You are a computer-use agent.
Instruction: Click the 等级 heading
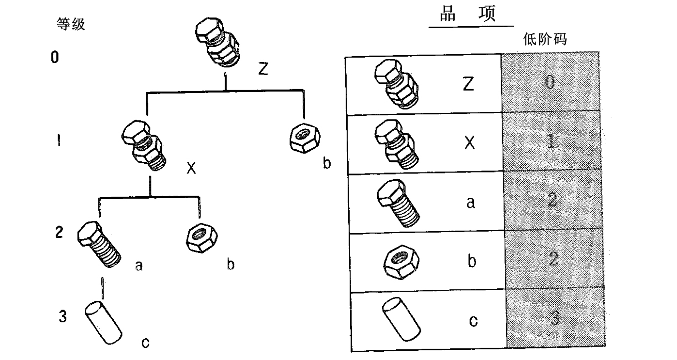[x=71, y=24]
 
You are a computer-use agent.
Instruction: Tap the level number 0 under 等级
[x=55, y=57]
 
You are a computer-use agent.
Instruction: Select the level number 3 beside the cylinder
[x=62, y=316]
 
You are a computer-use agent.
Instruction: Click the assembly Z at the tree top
[x=217, y=42]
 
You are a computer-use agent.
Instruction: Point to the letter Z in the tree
[x=263, y=69]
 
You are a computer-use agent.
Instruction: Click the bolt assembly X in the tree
[x=144, y=145]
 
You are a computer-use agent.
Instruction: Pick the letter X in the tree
[x=191, y=168]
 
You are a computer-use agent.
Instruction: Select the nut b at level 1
[x=305, y=138]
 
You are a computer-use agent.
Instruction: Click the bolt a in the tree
[x=99, y=244]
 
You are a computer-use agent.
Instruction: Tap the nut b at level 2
[x=201, y=238]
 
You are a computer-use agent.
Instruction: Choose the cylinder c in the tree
[x=103, y=323]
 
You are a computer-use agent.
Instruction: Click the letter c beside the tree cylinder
[x=145, y=343]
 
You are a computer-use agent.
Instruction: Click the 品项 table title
[x=467, y=14]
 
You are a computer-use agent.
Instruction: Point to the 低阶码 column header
[x=545, y=39]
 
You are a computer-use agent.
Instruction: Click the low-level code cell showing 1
[x=551, y=141]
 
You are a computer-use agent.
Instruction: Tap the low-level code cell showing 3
[x=555, y=318]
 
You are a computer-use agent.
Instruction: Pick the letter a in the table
[x=471, y=203]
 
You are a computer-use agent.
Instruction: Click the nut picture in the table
[x=401, y=262]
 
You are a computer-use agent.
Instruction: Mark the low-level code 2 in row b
[x=554, y=259]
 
